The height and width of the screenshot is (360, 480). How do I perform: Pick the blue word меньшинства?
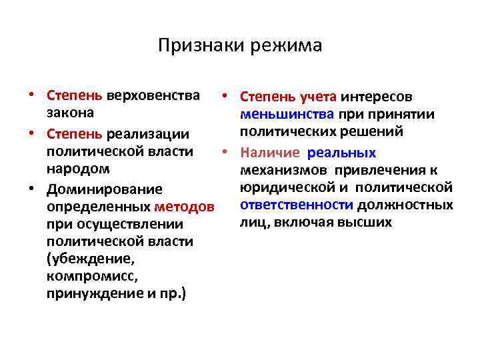[287, 114]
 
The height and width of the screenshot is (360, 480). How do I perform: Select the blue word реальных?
[342, 153]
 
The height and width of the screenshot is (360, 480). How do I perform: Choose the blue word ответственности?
[287, 205]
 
